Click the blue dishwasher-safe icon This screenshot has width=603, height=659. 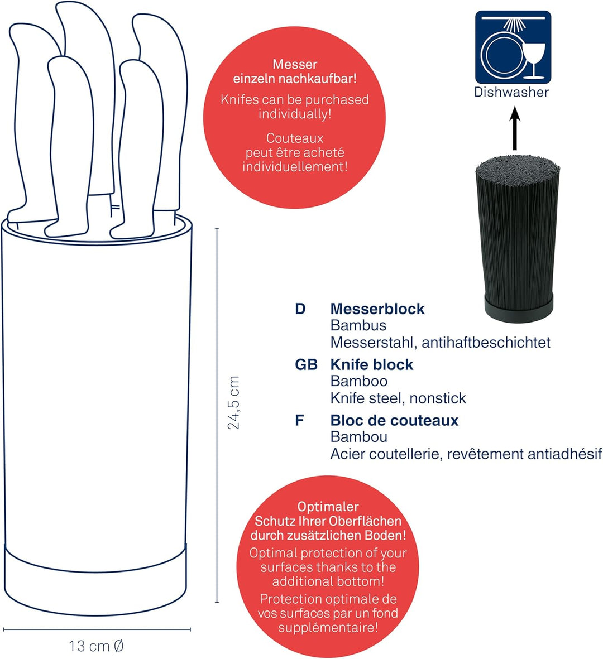(x=513, y=47)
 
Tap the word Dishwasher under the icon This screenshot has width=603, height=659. (x=511, y=92)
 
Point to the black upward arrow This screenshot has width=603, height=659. (x=515, y=128)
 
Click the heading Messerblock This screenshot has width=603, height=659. (x=377, y=309)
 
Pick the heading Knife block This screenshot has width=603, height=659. (x=372, y=364)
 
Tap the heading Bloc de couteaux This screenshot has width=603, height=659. (x=394, y=420)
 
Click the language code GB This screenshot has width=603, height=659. (x=306, y=364)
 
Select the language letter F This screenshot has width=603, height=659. (x=299, y=420)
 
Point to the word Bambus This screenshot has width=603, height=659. (x=358, y=325)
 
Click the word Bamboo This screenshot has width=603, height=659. (x=358, y=381)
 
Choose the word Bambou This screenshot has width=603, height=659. (x=358, y=437)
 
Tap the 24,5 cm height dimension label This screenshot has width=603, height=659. (x=233, y=403)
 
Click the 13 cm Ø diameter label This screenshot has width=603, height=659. (x=96, y=646)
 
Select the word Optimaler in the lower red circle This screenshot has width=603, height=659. (x=328, y=507)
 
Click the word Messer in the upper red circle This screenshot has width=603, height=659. (x=295, y=64)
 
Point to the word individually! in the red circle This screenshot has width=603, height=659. (x=295, y=114)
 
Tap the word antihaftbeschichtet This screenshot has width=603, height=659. (x=486, y=343)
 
